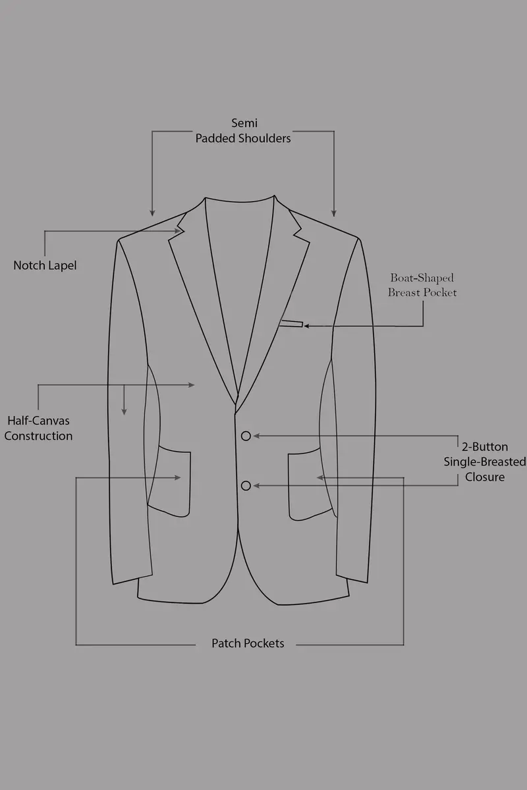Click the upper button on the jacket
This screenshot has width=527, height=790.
pos(246,436)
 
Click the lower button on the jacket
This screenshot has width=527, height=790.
pos(246,486)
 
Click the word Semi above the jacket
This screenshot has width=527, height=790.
pos(244,123)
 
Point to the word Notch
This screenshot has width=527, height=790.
pos(29,265)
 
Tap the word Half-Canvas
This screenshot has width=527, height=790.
pos(38,421)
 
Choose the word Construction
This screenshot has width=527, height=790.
pos(38,436)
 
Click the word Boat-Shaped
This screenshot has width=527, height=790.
pos(422,278)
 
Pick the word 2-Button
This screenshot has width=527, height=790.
pos(485,447)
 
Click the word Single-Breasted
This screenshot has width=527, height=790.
pos(485,461)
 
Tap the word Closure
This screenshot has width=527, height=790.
pos(485,477)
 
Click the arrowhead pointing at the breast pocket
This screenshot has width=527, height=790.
pos(307,327)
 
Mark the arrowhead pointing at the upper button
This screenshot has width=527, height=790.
pos(257,436)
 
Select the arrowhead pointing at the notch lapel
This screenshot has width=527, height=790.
pos(178,231)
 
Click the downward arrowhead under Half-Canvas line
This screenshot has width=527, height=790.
pos(124,411)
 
